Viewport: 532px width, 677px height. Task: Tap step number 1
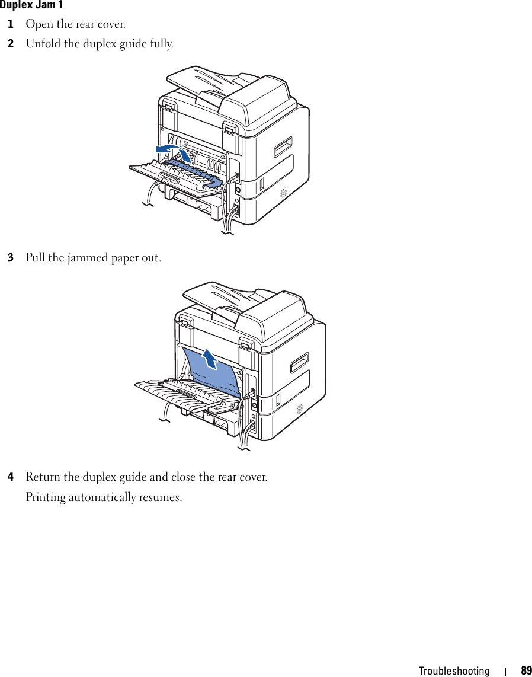[x=10, y=25]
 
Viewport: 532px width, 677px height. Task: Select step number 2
[x=10, y=44]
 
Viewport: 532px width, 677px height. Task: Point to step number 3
[x=10, y=258]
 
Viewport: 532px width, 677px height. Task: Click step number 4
[x=10, y=477]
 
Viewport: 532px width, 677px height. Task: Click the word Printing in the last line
[x=46, y=497]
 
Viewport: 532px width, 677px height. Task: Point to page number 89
[x=526, y=671]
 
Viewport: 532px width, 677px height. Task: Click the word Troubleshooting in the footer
[x=454, y=671]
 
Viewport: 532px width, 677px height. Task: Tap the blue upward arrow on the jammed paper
[x=209, y=358]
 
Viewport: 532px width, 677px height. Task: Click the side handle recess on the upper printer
[x=283, y=146]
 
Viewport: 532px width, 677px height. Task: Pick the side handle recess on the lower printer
[x=299, y=362]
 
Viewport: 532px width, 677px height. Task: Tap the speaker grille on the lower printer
[x=300, y=408]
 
